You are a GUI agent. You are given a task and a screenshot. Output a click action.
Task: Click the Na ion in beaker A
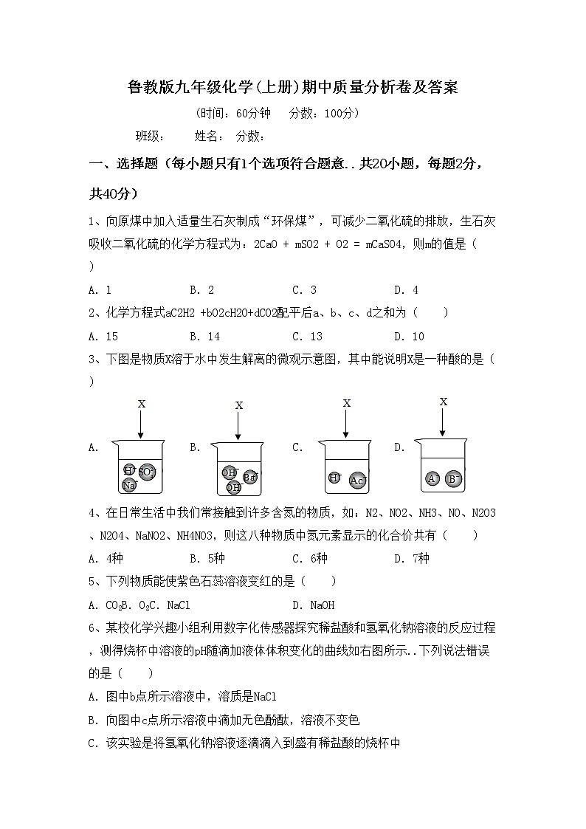coord(129,485)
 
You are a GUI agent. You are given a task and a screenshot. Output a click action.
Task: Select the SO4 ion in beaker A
coord(147,472)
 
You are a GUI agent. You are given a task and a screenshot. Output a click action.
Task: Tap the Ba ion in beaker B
coord(249,477)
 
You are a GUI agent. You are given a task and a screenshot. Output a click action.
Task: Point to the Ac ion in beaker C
coord(358,481)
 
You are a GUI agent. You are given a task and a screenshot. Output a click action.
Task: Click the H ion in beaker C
coord(334,478)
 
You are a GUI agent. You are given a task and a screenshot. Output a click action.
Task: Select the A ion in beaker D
coord(432,478)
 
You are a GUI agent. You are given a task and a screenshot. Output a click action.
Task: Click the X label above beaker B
coord(238,405)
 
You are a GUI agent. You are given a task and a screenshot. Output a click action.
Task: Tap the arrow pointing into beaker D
coord(443,422)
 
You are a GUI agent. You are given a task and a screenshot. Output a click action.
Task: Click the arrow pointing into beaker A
coord(141,424)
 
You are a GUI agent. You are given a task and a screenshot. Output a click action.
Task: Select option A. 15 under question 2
coord(103,337)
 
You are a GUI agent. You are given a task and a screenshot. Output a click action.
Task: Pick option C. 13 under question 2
coord(307,337)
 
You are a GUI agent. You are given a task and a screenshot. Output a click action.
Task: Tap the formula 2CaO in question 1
coord(266,244)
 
